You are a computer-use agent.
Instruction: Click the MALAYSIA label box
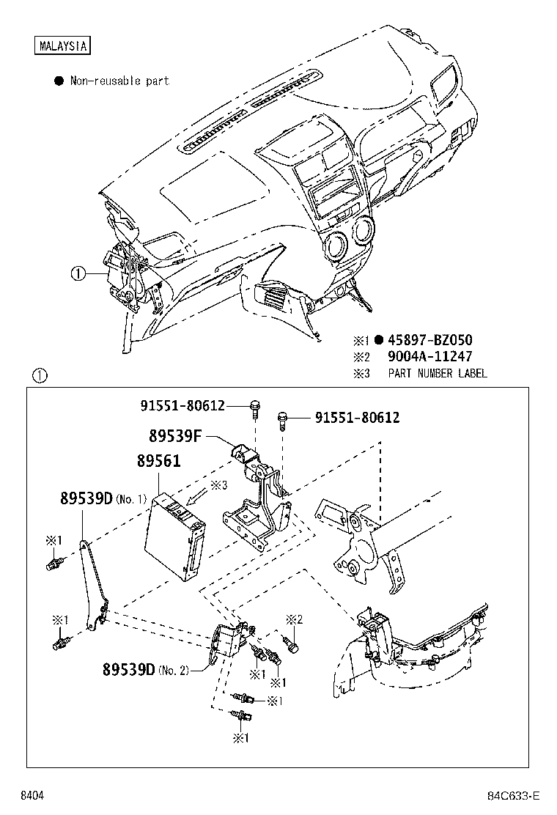tap(62, 45)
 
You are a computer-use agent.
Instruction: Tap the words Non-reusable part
tap(119, 81)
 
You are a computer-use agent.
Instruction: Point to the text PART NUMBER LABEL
tap(438, 374)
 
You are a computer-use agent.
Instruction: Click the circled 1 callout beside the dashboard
tap(78, 275)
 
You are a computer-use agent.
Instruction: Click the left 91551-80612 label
tap(182, 405)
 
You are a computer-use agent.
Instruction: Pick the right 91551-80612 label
tap(358, 418)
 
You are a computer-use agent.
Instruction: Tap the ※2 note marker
tap(294, 619)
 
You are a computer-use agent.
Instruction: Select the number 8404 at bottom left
tap(32, 796)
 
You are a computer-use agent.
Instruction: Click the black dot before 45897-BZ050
tap(378, 340)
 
